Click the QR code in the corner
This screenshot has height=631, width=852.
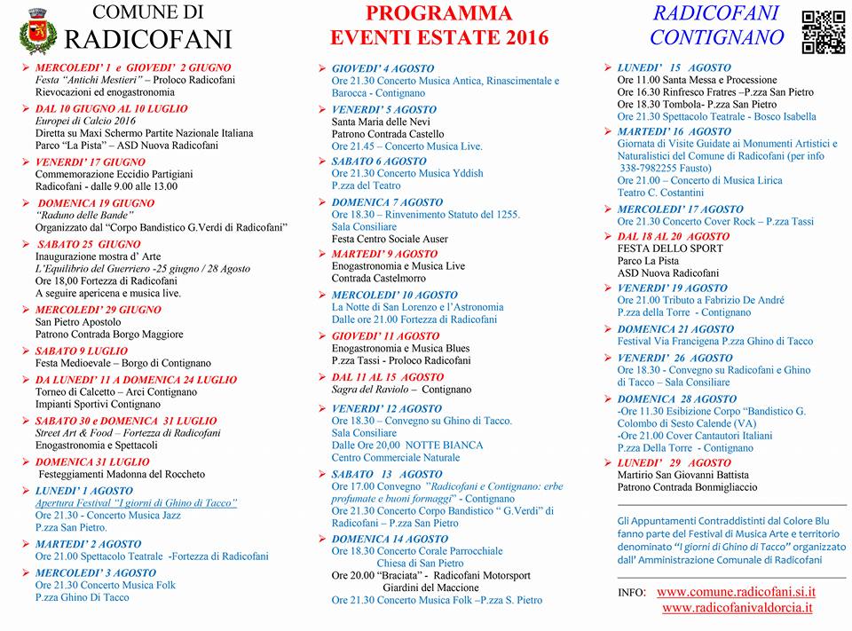823,32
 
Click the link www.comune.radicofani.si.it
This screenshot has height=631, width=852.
736,591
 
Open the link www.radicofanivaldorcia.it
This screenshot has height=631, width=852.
737,607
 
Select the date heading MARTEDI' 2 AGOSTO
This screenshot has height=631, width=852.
88,544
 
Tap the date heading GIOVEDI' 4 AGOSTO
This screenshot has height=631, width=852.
383,68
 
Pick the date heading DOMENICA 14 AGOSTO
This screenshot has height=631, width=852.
390,539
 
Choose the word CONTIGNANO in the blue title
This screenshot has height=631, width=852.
717,37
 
